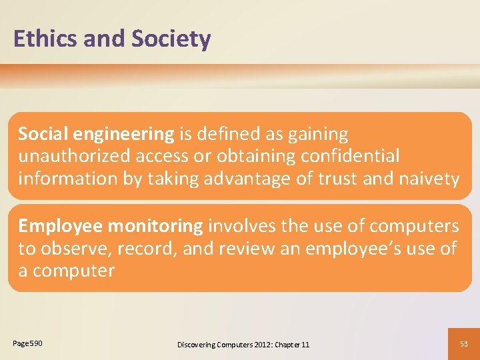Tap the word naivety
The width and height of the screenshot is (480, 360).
(430, 178)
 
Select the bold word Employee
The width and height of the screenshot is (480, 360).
(61, 227)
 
